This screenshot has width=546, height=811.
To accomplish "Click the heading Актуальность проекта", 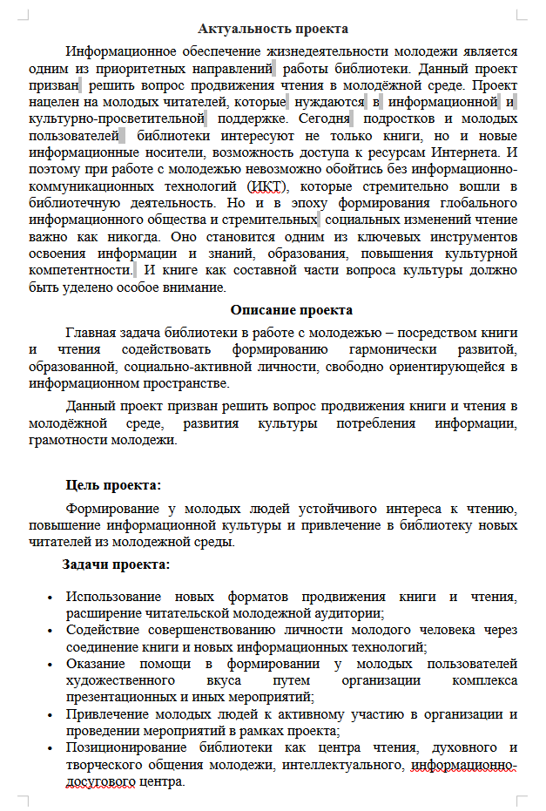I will [x=273, y=30].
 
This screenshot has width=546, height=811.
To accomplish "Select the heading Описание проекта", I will [x=291, y=310].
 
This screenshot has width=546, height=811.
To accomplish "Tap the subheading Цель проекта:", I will [x=113, y=485].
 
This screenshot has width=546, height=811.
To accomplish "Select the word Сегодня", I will [x=321, y=118].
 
